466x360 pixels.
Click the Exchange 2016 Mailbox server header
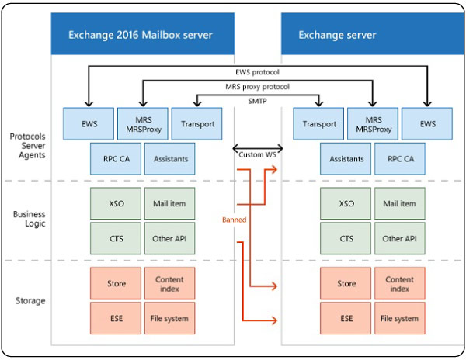point(143,33)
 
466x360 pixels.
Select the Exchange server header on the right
point(373,33)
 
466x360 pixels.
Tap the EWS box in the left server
point(89,124)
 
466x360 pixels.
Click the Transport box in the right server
point(318,124)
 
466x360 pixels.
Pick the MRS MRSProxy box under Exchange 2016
point(143,124)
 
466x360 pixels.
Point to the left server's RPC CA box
point(116,159)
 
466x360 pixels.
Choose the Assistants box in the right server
point(346,159)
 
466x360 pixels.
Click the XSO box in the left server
point(116,203)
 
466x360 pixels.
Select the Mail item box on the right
point(400,203)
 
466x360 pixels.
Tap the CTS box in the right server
point(346,238)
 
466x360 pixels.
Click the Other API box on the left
point(170,238)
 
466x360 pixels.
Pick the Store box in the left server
point(116,283)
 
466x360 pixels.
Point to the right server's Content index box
point(400,283)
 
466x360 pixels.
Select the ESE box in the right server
point(346,318)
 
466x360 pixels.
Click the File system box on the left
point(170,318)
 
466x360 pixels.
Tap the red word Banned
point(235,220)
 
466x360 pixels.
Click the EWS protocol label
point(257,72)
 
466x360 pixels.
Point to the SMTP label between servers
point(257,101)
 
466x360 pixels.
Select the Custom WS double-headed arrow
point(258,147)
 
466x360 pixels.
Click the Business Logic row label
point(30,219)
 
